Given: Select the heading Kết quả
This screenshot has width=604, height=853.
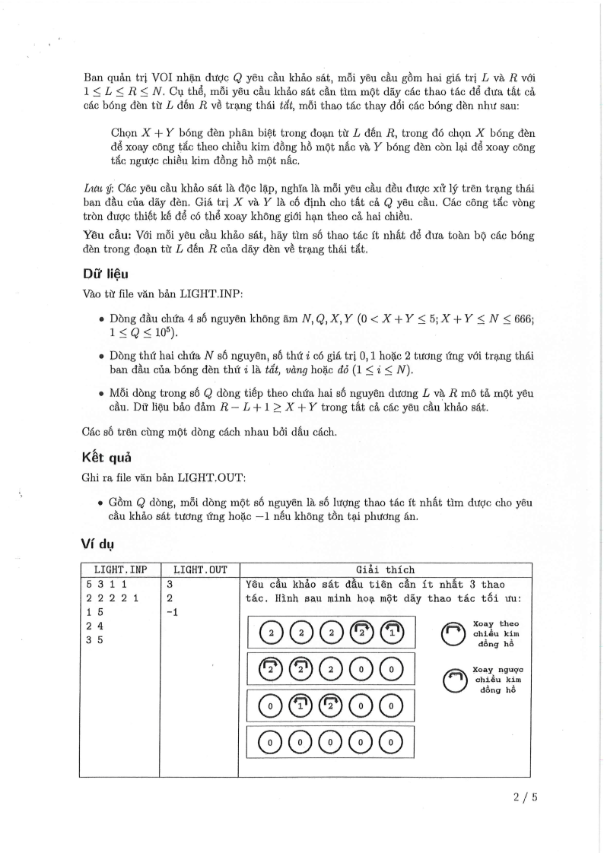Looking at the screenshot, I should pos(108,458).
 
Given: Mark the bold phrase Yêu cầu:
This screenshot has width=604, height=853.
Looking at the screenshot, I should pos(102,236).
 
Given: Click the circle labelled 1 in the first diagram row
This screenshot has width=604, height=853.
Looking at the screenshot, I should pos(391,632).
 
